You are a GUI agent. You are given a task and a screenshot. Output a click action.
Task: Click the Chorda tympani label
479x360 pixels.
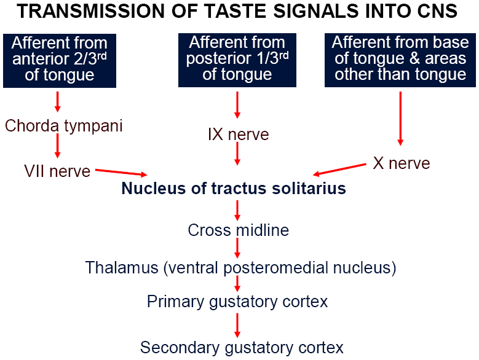coord(63,127)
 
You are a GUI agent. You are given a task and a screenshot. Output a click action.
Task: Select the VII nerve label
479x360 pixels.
coord(57,171)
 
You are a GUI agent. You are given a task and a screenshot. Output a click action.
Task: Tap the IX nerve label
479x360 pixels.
coord(239,135)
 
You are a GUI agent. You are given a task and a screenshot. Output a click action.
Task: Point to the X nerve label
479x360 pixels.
coord(402,163)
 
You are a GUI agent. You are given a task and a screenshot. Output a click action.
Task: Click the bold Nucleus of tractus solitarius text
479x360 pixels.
coord(234,188)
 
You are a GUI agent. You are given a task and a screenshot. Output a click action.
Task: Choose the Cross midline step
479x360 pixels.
coord(239,230)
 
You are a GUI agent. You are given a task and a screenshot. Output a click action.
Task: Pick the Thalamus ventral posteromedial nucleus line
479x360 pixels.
coord(240,268)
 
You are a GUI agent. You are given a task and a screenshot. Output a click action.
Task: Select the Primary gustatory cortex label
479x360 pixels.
coord(237,302)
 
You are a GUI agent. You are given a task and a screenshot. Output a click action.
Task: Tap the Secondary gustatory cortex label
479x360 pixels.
coord(242,348)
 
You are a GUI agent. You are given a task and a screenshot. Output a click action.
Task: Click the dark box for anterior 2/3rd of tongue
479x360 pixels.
coord(60,61)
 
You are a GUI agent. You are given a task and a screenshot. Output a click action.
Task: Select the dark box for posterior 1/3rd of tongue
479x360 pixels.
coord(237,60)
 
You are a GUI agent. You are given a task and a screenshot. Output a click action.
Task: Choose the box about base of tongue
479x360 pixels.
coord(400,60)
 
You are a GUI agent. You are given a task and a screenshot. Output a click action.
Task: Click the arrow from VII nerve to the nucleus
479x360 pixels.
coord(121,173)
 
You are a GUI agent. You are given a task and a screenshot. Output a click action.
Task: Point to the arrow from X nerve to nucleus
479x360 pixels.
coord(339,170)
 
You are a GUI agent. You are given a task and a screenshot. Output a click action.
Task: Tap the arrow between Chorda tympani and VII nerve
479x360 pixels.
coord(57,146)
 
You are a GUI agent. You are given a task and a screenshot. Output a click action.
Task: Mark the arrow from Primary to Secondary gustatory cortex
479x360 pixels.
coord(237,325)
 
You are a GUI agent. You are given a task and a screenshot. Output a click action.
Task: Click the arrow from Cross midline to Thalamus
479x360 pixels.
coord(237,248)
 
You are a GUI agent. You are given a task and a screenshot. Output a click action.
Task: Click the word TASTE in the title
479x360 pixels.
coord(236,11)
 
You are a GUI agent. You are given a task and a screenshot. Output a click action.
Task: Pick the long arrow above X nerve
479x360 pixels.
coord(400,119)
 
